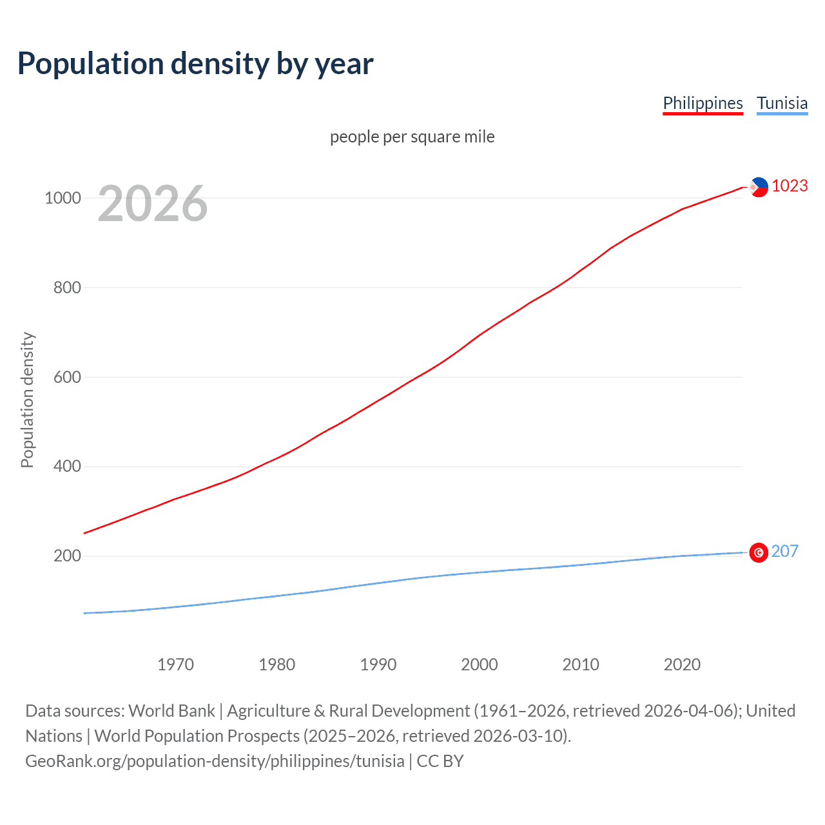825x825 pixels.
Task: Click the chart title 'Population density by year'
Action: pos(195,64)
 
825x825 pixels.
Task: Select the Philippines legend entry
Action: pos(703,103)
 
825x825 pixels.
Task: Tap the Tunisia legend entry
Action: pos(782,103)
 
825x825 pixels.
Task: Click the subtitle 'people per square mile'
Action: pos(412,137)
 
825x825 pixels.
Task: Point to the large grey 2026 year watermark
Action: pos(153,204)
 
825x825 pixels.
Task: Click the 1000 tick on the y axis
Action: pos(63,198)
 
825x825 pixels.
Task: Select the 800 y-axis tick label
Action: pos(67,287)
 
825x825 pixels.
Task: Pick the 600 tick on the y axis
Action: pos(67,377)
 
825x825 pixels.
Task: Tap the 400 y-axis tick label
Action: pos(67,466)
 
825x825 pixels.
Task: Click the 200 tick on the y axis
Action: pos(67,556)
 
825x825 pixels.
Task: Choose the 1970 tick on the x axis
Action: pos(175,665)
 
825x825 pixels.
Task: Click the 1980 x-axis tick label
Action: pos(277,665)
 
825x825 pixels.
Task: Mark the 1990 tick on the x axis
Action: pos(378,665)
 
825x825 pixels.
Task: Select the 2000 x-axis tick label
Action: pos(480,665)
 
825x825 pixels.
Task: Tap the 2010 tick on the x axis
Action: pos(581,665)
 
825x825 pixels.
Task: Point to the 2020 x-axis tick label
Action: pos(682,665)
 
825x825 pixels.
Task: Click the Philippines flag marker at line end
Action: pos(759,187)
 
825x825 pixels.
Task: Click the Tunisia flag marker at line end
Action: pos(759,552)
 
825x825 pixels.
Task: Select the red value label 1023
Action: pos(790,186)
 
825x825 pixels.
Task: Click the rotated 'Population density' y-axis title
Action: pos(27,400)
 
